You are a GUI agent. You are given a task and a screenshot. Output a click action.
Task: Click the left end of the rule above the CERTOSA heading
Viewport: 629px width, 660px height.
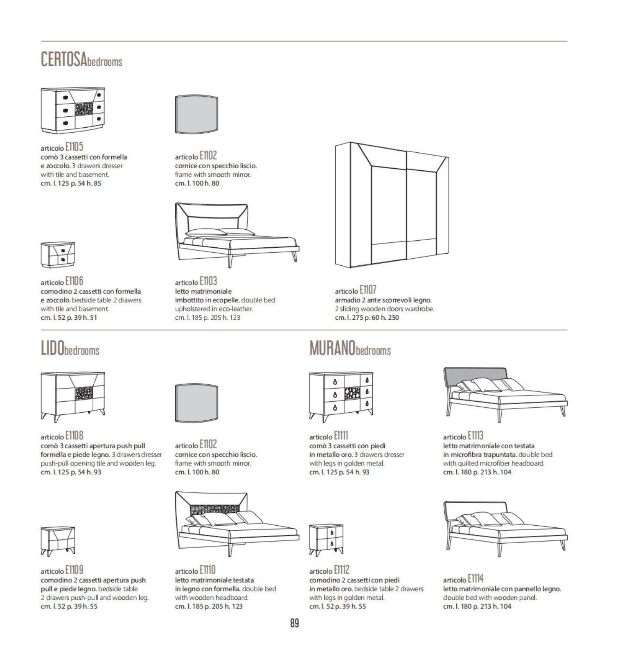[41, 41]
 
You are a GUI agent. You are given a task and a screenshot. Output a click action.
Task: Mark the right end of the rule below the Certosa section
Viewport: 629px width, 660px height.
[567, 330]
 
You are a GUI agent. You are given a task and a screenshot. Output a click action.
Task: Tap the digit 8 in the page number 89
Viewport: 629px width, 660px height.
[293, 624]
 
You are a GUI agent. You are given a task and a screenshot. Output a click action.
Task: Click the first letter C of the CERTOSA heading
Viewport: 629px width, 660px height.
[45, 59]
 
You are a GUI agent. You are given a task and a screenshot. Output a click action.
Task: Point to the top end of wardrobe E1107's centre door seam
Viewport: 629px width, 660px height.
[406, 152]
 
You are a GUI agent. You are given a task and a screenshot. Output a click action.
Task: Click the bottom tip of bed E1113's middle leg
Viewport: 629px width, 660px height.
[500, 422]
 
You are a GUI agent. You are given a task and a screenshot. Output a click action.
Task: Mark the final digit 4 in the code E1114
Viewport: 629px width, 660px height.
[481, 579]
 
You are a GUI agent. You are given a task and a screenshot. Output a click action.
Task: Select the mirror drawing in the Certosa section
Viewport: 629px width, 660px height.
[196, 115]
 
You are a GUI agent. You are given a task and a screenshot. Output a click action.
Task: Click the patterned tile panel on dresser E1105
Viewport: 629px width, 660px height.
[85, 109]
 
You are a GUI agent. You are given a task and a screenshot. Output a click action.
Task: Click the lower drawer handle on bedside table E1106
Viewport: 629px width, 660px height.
[63, 259]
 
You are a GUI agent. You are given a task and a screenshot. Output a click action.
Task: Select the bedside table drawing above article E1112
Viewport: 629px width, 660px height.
[326, 540]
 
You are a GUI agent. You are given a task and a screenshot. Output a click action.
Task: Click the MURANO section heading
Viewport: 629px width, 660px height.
[350, 348]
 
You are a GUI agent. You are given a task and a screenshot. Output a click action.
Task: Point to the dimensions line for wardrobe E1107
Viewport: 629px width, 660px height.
[367, 318]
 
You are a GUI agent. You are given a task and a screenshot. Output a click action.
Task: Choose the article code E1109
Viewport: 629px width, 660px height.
[74, 570]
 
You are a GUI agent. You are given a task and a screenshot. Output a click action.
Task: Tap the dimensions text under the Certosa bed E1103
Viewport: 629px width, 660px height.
[207, 318]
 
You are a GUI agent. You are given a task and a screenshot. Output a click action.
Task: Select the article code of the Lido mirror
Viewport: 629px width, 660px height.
[208, 444]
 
